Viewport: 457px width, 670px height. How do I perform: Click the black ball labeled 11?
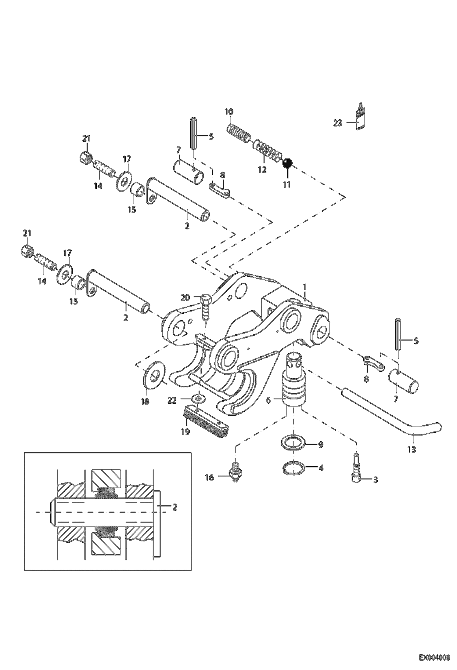[x=287, y=164]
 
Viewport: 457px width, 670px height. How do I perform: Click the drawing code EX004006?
[x=434, y=657]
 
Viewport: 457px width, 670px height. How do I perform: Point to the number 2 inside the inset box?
[x=175, y=507]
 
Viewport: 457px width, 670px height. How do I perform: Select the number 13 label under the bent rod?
[x=412, y=449]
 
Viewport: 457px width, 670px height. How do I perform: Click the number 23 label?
[x=337, y=123]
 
